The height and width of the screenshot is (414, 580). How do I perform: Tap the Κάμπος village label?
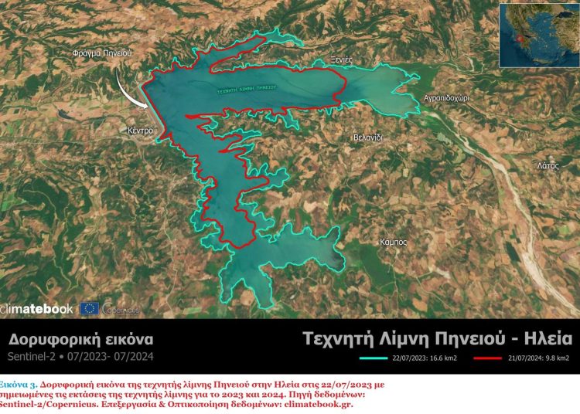[394, 242]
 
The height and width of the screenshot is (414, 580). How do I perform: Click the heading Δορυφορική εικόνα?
[81, 339]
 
